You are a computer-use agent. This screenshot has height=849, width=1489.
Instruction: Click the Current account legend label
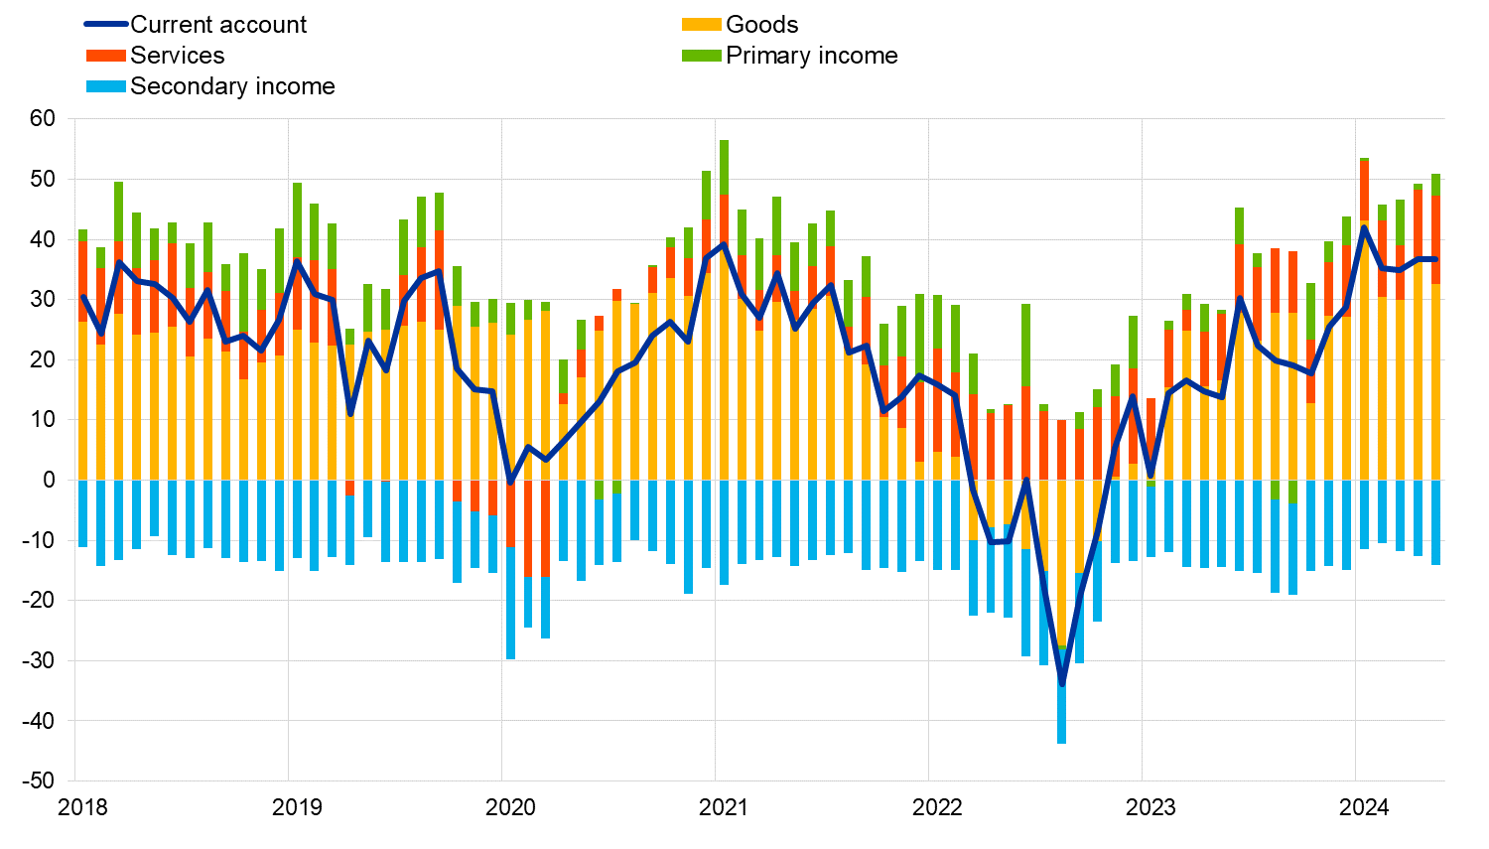point(218,25)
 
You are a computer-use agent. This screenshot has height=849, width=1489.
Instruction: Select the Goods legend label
point(761,25)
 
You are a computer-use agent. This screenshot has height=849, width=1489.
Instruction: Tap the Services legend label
point(177,56)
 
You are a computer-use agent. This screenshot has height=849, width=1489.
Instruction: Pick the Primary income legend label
point(811,56)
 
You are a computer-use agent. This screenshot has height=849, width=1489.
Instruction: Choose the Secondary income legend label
point(232,86)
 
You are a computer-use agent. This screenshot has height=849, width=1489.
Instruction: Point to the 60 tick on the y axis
point(42,119)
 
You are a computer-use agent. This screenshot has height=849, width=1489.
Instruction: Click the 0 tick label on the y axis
point(49,481)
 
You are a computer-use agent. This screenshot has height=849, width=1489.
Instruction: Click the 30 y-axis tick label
point(42,300)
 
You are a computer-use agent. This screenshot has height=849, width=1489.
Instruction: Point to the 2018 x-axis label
point(83,807)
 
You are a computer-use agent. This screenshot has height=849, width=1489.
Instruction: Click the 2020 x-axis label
point(510,807)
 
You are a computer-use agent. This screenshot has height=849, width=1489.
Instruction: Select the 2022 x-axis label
point(937,807)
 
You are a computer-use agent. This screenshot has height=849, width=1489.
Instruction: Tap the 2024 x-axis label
point(1364,807)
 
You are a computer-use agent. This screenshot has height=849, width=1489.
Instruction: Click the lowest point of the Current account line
point(1061,684)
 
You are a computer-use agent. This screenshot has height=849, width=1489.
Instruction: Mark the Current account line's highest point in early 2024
point(1364,227)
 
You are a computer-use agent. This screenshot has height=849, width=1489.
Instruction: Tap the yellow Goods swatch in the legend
point(701,25)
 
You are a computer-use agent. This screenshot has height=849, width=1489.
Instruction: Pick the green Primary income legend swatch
point(701,56)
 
